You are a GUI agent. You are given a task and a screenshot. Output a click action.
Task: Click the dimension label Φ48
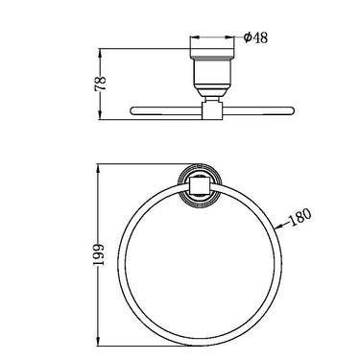click(x=255, y=37)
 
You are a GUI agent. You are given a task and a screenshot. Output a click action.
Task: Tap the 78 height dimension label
click(x=100, y=84)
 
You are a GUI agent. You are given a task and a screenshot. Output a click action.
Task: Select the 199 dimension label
click(x=99, y=254)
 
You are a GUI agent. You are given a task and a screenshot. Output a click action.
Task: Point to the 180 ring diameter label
click(x=300, y=217)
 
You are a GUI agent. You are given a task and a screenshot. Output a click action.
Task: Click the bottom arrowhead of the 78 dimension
click(x=101, y=115)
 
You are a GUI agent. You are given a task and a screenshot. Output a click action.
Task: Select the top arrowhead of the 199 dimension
click(x=100, y=169)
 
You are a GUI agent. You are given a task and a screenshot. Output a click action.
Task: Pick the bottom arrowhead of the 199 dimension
click(x=100, y=341)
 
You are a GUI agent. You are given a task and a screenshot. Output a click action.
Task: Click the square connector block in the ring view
click(x=199, y=186)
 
